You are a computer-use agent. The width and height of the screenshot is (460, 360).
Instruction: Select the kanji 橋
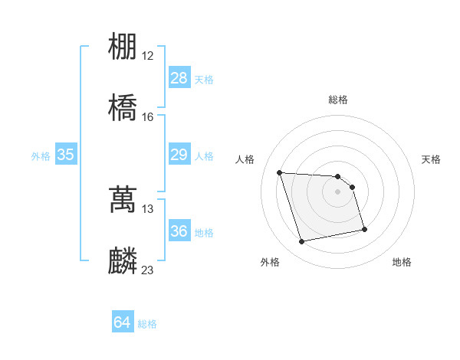point(123,107)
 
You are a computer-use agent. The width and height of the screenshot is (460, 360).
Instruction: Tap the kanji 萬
point(123,199)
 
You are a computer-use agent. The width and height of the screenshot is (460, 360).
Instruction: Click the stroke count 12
point(148,56)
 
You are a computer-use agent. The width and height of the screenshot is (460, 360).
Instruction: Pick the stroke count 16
point(148,117)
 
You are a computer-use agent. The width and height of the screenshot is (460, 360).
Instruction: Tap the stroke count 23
point(148,270)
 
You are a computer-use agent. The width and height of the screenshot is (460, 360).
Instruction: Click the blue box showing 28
point(179,78)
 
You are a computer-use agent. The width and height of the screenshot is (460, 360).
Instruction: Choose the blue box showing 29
point(179,155)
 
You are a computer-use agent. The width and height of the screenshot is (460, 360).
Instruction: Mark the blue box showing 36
point(179,231)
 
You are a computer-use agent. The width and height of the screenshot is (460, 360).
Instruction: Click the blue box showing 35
point(66,155)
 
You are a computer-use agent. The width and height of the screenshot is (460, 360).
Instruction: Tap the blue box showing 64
point(123,323)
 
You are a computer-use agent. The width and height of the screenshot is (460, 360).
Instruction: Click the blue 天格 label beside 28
point(204,79)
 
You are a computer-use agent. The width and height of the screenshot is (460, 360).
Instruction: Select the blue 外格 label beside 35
point(41,155)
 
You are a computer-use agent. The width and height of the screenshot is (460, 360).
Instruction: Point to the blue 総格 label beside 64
point(147,324)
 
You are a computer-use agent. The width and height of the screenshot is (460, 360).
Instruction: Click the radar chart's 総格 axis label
point(338,100)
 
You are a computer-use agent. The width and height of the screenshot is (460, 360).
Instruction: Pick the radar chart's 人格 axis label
point(245,159)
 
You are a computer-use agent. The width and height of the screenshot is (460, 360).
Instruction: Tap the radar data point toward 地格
point(364,229)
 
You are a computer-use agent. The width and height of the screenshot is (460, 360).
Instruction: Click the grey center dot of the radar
point(338,191)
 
